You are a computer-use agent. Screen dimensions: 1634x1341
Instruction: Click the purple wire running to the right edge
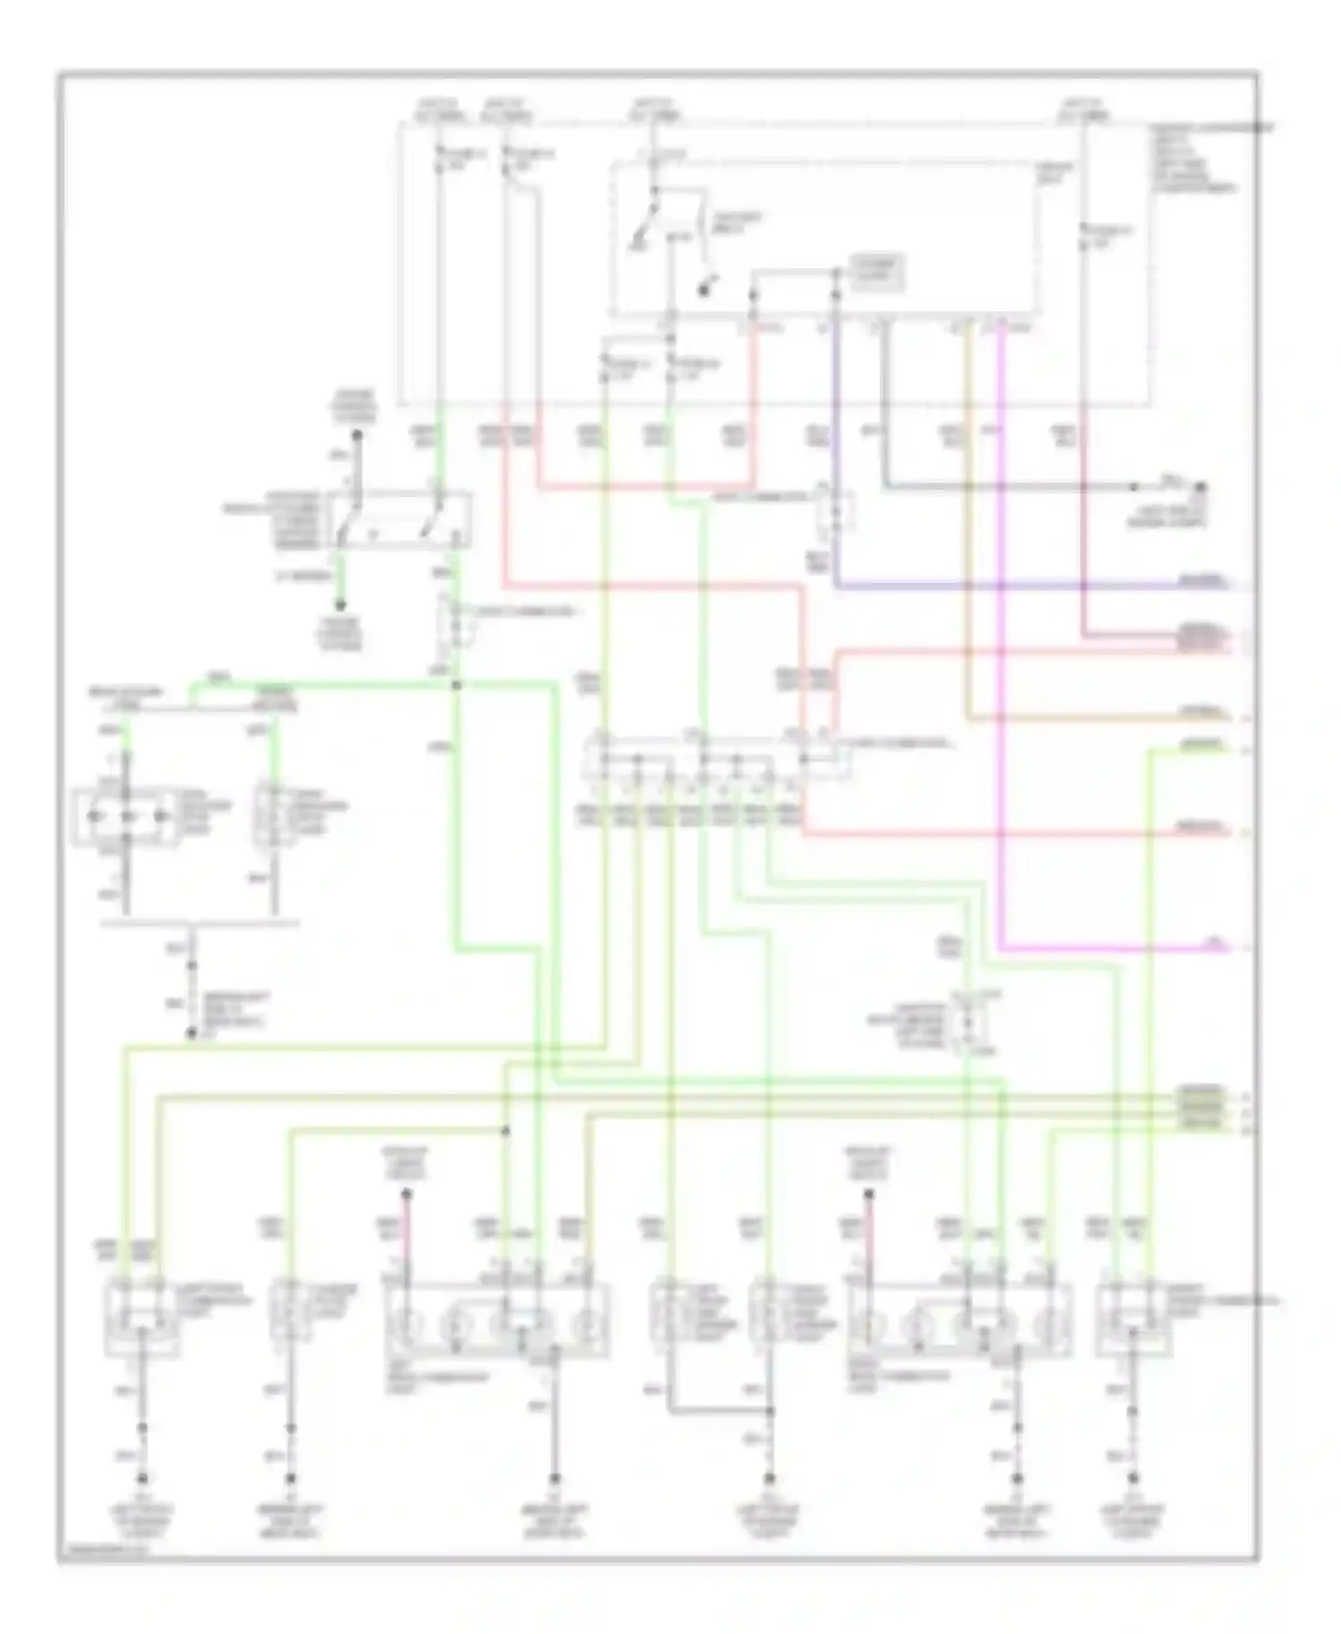point(1028,587)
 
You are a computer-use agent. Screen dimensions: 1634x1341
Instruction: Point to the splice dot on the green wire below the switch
point(456,686)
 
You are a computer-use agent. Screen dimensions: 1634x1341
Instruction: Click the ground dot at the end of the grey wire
point(1202,487)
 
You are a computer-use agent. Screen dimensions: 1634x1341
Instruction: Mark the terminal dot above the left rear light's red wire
point(406,1193)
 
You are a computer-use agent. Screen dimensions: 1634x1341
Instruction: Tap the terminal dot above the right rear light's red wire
point(869,1193)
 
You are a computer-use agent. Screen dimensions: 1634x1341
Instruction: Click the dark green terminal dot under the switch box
point(340,605)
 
